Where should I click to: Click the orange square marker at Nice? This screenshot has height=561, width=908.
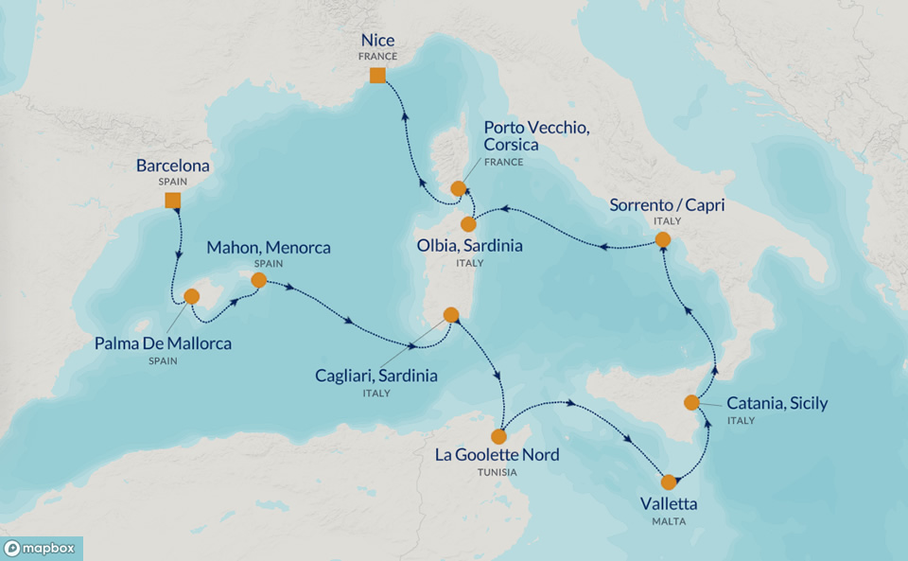pyautogui.click(x=377, y=76)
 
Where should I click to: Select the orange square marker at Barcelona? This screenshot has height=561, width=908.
pyautogui.click(x=172, y=200)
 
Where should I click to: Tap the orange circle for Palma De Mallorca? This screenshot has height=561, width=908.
pyautogui.click(x=191, y=296)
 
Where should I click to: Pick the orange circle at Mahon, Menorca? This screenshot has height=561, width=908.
pyautogui.click(x=257, y=280)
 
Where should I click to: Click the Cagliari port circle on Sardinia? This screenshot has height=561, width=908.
pyautogui.click(x=451, y=315)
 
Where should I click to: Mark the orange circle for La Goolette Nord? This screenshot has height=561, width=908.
pyautogui.click(x=498, y=436)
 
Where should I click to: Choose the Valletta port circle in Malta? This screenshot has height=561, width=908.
pyautogui.click(x=669, y=482)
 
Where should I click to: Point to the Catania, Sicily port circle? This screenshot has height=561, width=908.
pyautogui.click(x=691, y=403)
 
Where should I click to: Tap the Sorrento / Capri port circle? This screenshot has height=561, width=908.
pyautogui.click(x=662, y=240)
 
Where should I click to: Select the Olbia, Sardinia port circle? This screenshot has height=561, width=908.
pyautogui.click(x=467, y=224)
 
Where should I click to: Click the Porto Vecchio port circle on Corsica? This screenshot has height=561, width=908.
pyautogui.click(x=458, y=188)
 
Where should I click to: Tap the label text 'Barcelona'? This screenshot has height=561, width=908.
pyautogui.click(x=172, y=167)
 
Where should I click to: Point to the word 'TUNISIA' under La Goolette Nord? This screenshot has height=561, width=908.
pyautogui.click(x=497, y=472)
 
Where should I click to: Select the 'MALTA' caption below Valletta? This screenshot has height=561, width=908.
pyautogui.click(x=669, y=521)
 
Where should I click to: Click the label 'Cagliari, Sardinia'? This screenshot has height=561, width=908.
pyautogui.click(x=376, y=376)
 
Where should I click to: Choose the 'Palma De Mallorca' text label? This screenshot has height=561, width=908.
pyautogui.click(x=163, y=343)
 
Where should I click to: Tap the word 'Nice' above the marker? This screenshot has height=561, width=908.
pyautogui.click(x=377, y=41)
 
